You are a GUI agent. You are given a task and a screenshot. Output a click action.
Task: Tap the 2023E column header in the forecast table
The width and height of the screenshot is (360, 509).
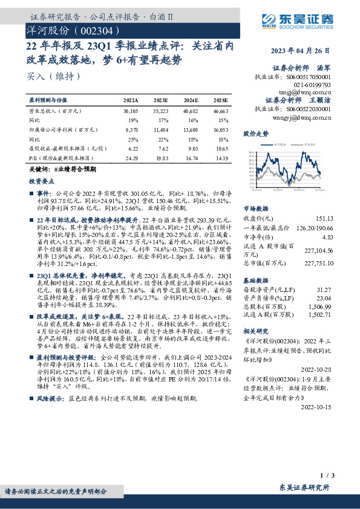point(160,99)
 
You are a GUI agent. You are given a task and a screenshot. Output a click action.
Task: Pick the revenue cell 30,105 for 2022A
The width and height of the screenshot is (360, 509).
point(131,112)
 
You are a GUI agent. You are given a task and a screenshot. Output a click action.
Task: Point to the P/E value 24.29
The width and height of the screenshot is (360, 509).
point(131,158)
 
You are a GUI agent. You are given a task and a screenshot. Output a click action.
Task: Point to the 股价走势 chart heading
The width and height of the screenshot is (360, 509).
point(254,132)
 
